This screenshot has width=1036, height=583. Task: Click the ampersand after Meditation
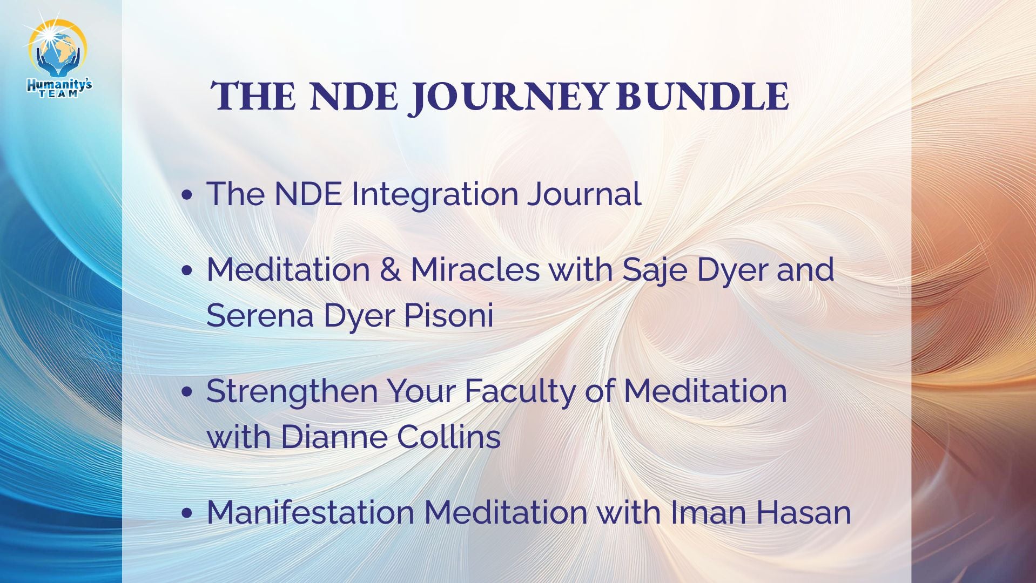(x=390, y=269)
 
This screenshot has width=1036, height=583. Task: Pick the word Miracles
(x=475, y=269)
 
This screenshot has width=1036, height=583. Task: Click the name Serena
(x=259, y=315)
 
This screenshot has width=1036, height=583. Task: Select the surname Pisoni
(x=448, y=315)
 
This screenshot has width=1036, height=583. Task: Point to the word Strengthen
(x=292, y=392)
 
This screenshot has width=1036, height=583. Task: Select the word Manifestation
(x=310, y=512)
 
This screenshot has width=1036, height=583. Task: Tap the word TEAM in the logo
(x=59, y=94)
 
